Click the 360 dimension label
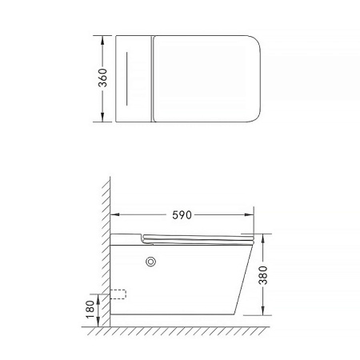point(102,78)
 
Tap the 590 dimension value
point(182,215)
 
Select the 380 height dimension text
point(263,275)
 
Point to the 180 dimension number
point(90,310)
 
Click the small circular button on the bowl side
point(150,262)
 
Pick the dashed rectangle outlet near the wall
point(118,294)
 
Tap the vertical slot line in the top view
point(126,78)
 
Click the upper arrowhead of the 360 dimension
point(102,40)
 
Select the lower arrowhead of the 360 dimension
point(102,118)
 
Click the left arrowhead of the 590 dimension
point(114,214)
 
